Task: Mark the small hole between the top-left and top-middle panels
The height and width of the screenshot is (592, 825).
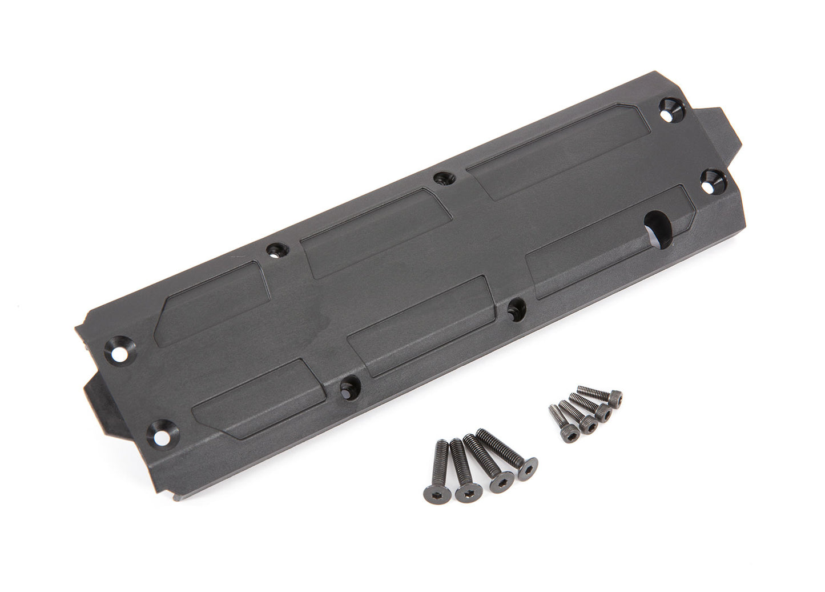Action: pyautogui.click(x=275, y=250)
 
